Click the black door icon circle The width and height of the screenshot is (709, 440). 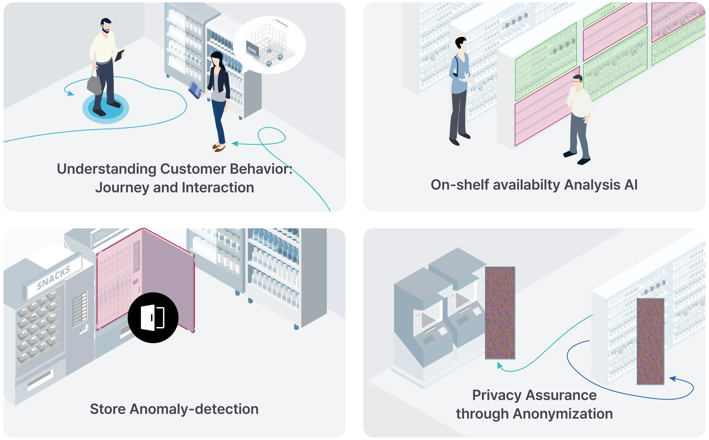[x=153, y=317]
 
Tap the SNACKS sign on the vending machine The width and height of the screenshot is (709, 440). [x=54, y=278]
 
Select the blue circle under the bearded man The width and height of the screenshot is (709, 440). [x=106, y=108]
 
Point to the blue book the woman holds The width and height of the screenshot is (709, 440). [x=195, y=90]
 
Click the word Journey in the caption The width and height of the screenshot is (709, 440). [x=122, y=188]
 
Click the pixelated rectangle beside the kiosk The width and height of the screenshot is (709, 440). [x=500, y=313]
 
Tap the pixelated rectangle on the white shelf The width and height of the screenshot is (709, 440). [x=650, y=341]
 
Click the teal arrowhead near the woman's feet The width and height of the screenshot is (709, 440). [x=235, y=143]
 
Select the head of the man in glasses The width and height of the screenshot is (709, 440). [x=577, y=82]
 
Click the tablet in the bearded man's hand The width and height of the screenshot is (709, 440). [x=119, y=56]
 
